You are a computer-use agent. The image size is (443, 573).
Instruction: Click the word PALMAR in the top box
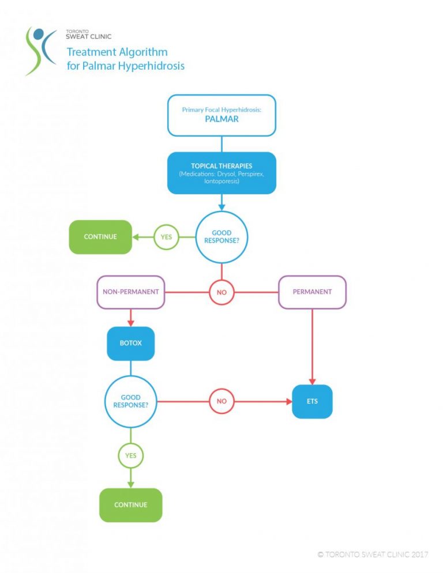(221, 120)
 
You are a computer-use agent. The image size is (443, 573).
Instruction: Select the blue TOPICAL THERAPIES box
(221, 173)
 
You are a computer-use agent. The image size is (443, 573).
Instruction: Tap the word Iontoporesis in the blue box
(221, 180)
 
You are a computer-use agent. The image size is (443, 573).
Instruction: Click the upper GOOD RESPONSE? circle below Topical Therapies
(221, 237)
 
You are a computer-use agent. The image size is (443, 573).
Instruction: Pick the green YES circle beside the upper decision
(166, 237)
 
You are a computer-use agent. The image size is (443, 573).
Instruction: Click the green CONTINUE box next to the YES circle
(100, 237)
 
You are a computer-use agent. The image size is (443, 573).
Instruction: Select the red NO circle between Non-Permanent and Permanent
(221, 292)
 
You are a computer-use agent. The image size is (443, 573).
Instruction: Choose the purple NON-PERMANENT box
(130, 292)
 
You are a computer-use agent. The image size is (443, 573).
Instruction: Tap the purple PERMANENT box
(312, 292)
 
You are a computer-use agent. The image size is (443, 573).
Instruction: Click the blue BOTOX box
(130, 343)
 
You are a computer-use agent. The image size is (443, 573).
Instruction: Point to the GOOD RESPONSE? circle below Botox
(130, 401)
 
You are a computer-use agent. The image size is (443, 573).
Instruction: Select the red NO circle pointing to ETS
(221, 401)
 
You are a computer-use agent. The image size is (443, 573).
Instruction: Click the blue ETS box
(312, 401)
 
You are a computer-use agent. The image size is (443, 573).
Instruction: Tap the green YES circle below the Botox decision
(130, 456)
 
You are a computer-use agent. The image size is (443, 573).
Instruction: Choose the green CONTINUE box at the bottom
(130, 505)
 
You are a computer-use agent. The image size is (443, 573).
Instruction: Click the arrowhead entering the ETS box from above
(312, 381)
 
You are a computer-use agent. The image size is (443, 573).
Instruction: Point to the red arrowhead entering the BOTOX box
(130, 323)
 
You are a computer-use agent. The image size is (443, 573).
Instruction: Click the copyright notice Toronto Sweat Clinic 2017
(373, 555)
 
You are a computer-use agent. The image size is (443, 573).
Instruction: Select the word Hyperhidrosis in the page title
(151, 66)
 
